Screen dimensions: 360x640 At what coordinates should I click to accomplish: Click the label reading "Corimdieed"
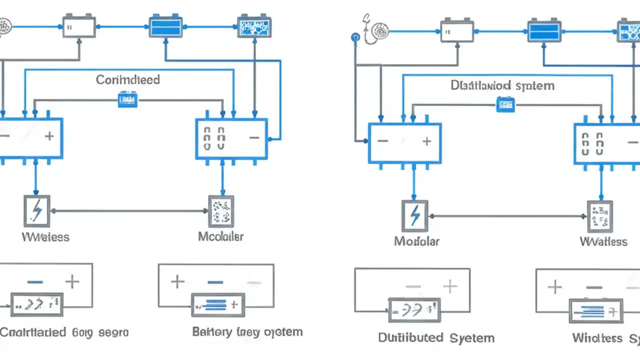(x=127, y=79)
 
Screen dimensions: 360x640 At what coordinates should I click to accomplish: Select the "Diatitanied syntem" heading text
(x=502, y=85)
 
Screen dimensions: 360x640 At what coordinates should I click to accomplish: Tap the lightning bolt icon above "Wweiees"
(x=37, y=211)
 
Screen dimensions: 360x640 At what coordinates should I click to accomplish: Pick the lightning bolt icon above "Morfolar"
(x=414, y=216)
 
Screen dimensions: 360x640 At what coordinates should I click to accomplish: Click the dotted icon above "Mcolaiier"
(x=220, y=211)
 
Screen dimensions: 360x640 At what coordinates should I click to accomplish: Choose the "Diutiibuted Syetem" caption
(x=436, y=338)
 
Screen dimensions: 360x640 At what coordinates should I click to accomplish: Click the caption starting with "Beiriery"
(x=247, y=332)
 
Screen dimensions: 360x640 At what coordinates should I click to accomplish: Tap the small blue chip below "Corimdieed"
(x=127, y=100)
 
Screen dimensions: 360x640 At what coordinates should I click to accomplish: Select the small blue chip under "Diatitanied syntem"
(x=505, y=104)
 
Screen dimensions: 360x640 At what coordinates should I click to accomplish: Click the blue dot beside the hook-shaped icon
(x=355, y=37)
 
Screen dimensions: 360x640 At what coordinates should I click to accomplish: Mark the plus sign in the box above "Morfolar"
(x=426, y=141)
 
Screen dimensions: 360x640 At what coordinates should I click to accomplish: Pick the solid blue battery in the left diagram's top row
(x=164, y=26)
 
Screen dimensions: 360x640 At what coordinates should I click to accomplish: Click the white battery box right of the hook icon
(x=456, y=31)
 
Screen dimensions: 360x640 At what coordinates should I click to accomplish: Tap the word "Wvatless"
(x=603, y=241)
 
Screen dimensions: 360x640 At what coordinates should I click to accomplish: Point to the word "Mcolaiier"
(x=220, y=236)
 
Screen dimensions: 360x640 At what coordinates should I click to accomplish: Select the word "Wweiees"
(x=45, y=236)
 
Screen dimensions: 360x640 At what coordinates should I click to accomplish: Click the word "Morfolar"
(x=416, y=241)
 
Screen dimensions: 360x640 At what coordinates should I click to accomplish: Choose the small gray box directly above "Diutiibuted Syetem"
(x=414, y=310)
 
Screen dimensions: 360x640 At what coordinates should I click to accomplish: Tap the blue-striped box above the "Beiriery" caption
(x=218, y=304)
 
